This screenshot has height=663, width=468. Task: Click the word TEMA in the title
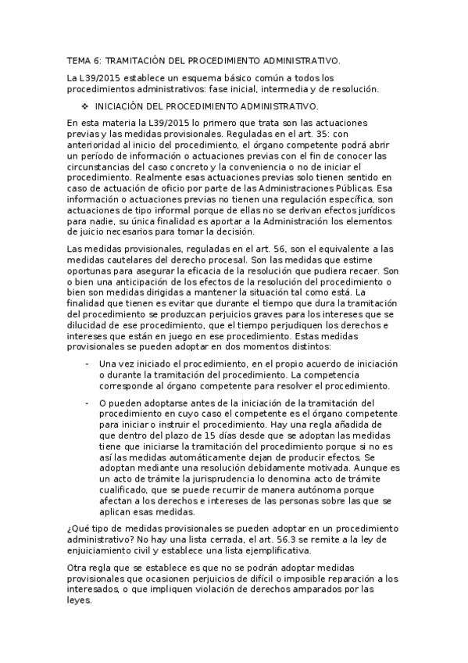(x=79, y=59)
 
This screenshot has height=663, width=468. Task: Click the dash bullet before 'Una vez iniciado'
(x=86, y=364)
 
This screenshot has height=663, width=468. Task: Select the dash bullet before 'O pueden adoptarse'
(x=86, y=402)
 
